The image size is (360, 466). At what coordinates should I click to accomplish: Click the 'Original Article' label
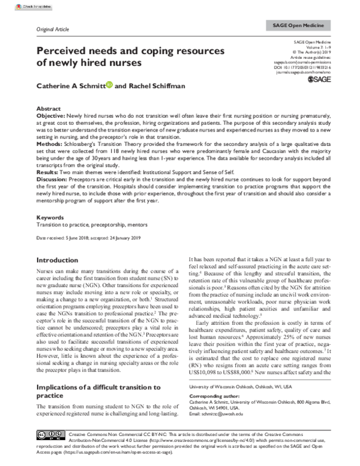tap(54, 28)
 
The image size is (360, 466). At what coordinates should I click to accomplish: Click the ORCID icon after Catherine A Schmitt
tap(109, 86)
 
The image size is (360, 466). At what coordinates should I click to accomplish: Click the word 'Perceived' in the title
tap(67, 51)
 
